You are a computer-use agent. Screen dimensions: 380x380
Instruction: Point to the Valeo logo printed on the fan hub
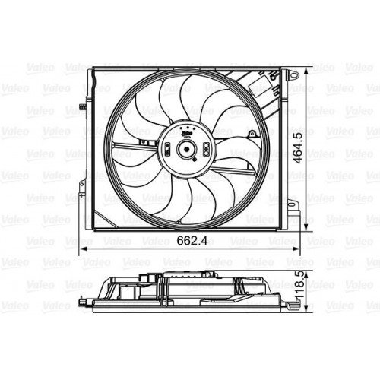pyautogui.click(x=185, y=131)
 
